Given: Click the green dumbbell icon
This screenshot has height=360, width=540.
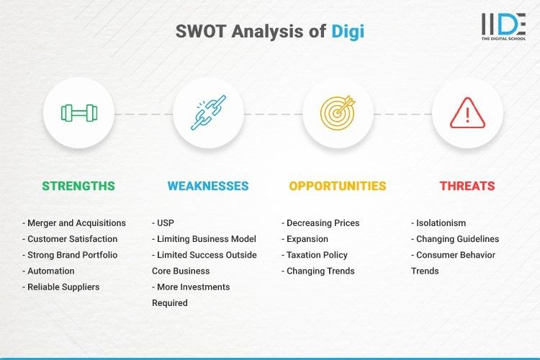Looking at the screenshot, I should click(x=78, y=113).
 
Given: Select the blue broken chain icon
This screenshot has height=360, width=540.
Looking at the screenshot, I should click(x=208, y=113).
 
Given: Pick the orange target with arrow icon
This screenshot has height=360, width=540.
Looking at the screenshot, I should click(x=338, y=113).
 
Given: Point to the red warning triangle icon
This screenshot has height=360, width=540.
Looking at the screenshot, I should click(x=467, y=113).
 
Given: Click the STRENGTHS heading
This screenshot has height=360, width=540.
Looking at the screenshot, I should click(x=78, y=186).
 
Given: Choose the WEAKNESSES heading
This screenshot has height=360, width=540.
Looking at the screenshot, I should click(x=208, y=186).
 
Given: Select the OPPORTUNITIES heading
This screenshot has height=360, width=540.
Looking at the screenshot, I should click(x=338, y=186).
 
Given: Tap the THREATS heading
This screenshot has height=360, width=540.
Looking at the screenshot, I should click(x=467, y=186).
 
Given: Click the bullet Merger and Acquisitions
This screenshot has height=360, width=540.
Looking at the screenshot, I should click(x=74, y=223).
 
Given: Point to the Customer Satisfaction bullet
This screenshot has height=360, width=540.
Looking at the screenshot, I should click(x=72, y=239).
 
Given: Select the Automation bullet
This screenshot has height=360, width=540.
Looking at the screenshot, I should click(x=50, y=271).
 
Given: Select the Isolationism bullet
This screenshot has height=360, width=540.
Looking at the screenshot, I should click(x=440, y=223).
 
